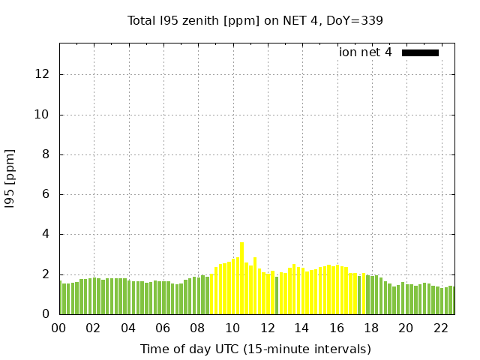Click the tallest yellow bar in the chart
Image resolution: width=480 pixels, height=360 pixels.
[x=241, y=277]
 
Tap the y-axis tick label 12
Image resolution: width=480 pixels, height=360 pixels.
[x=42, y=74]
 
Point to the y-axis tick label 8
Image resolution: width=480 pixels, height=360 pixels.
[x=46, y=154]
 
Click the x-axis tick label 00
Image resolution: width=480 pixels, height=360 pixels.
[x=58, y=328]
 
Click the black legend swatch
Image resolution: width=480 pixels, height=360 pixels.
[x=420, y=52]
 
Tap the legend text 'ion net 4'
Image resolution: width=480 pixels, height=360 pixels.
[x=365, y=52]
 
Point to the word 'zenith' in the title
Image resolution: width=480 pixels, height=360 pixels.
[x=201, y=20]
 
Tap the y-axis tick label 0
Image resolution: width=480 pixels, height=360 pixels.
[x=46, y=314]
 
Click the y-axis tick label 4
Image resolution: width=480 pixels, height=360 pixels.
[x=46, y=234]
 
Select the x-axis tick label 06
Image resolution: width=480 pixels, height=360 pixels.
[x=163, y=328]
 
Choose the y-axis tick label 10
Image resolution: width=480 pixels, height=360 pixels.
[x=42, y=115]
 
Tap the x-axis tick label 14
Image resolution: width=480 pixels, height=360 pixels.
[x=301, y=328]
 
